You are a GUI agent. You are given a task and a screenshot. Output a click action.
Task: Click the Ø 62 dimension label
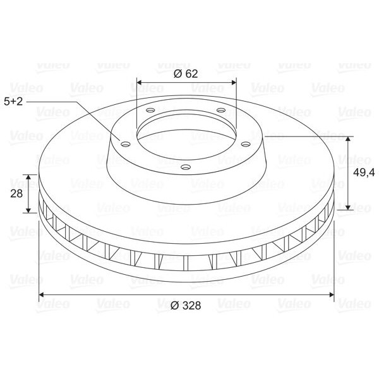coord(186,74)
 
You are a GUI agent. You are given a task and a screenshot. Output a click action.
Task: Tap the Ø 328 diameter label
coord(186,305)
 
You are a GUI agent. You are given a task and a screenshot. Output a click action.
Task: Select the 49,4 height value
coord(364,172)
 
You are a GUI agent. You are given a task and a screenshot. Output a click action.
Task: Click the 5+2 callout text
coord(13,102)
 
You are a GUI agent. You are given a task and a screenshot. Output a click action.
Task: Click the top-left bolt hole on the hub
coord(150,110)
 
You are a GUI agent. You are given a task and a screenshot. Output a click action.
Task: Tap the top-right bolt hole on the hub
coord(221,110)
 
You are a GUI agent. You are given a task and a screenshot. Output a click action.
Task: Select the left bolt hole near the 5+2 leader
coord(126,144)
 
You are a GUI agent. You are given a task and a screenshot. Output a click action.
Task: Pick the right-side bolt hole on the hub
coord(246,144)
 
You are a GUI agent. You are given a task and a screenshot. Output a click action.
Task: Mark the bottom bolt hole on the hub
coord(186,167)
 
